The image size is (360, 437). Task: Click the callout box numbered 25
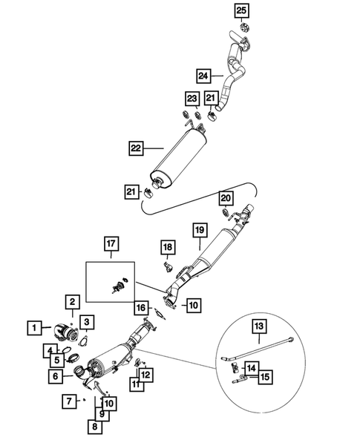pyautogui.click(x=241, y=10)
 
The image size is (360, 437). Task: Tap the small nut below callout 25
pyautogui.click(x=244, y=27)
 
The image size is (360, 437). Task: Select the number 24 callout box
pyautogui.click(x=203, y=76)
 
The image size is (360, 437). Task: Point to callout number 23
pyautogui.click(x=192, y=99)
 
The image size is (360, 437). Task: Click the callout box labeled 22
pyautogui.click(x=136, y=148)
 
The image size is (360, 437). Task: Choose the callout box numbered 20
pyautogui.click(x=226, y=198)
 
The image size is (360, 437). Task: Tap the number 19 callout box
pyautogui.click(x=200, y=230)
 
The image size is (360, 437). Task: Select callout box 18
pyautogui.click(x=168, y=247)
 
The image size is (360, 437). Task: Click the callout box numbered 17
pyautogui.click(x=111, y=243)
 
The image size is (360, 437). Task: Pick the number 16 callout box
pyautogui.click(x=141, y=308)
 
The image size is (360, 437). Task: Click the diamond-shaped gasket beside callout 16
pyautogui.click(x=160, y=314)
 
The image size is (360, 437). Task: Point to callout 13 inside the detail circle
pyautogui.click(x=259, y=326)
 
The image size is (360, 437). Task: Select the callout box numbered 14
pyautogui.click(x=252, y=369)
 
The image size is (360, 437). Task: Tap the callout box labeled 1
pyautogui.click(x=34, y=328)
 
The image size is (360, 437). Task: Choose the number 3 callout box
pyautogui.click(x=87, y=322)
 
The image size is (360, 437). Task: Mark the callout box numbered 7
pyautogui.click(x=69, y=401)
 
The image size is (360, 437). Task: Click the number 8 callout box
pyautogui.click(x=95, y=427)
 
